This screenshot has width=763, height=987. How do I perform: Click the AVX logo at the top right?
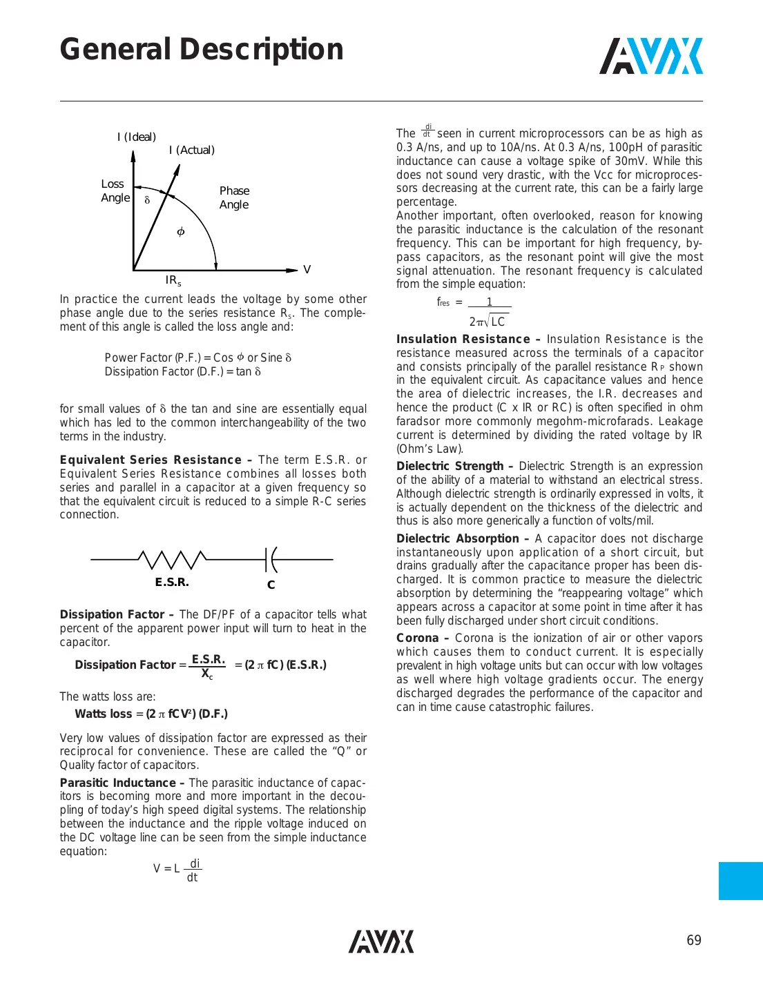click(x=650, y=56)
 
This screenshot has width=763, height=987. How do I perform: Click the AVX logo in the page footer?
click(x=381, y=941)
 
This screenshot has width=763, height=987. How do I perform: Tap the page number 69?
click(x=693, y=940)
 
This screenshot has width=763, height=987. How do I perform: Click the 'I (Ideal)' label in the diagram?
click(x=137, y=137)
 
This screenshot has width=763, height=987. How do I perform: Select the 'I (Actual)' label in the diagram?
click(x=192, y=150)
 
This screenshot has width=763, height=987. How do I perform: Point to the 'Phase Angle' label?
click(x=234, y=197)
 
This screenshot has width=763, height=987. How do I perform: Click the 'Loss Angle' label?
click(x=114, y=191)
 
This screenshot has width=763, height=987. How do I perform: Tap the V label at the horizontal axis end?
click(x=307, y=270)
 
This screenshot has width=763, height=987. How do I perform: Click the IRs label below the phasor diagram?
click(x=173, y=280)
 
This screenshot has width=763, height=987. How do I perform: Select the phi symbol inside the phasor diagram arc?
click(x=181, y=232)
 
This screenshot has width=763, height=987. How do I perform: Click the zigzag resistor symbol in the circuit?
click(x=172, y=559)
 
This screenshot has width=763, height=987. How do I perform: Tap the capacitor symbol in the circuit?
click(x=271, y=559)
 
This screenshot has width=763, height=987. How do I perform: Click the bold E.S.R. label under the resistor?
click(x=172, y=582)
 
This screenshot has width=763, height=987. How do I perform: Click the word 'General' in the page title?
click(x=115, y=50)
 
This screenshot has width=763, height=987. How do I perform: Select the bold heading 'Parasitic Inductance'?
click(x=117, y=783)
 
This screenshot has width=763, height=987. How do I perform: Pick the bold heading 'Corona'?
click(x=417, y=638)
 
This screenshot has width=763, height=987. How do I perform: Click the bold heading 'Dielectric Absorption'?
click(x=457, y=538)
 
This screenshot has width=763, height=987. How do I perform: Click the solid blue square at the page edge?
click(x=740, y=881)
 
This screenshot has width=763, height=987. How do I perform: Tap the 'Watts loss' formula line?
click(x=151, y=714)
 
